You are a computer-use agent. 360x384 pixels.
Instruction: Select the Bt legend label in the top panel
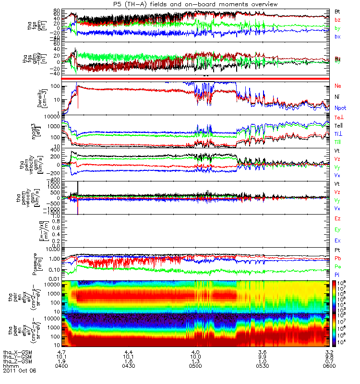(x=337, y=11)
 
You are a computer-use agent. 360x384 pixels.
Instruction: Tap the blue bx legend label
(x=337, y=37)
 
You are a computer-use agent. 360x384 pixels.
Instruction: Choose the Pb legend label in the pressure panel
(x=338, y=259)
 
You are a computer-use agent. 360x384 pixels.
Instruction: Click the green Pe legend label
(x=338, y=266)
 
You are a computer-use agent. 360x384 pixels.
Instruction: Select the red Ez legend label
(x=337, y=219)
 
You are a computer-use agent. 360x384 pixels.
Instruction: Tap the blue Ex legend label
(x=337, y=239)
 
